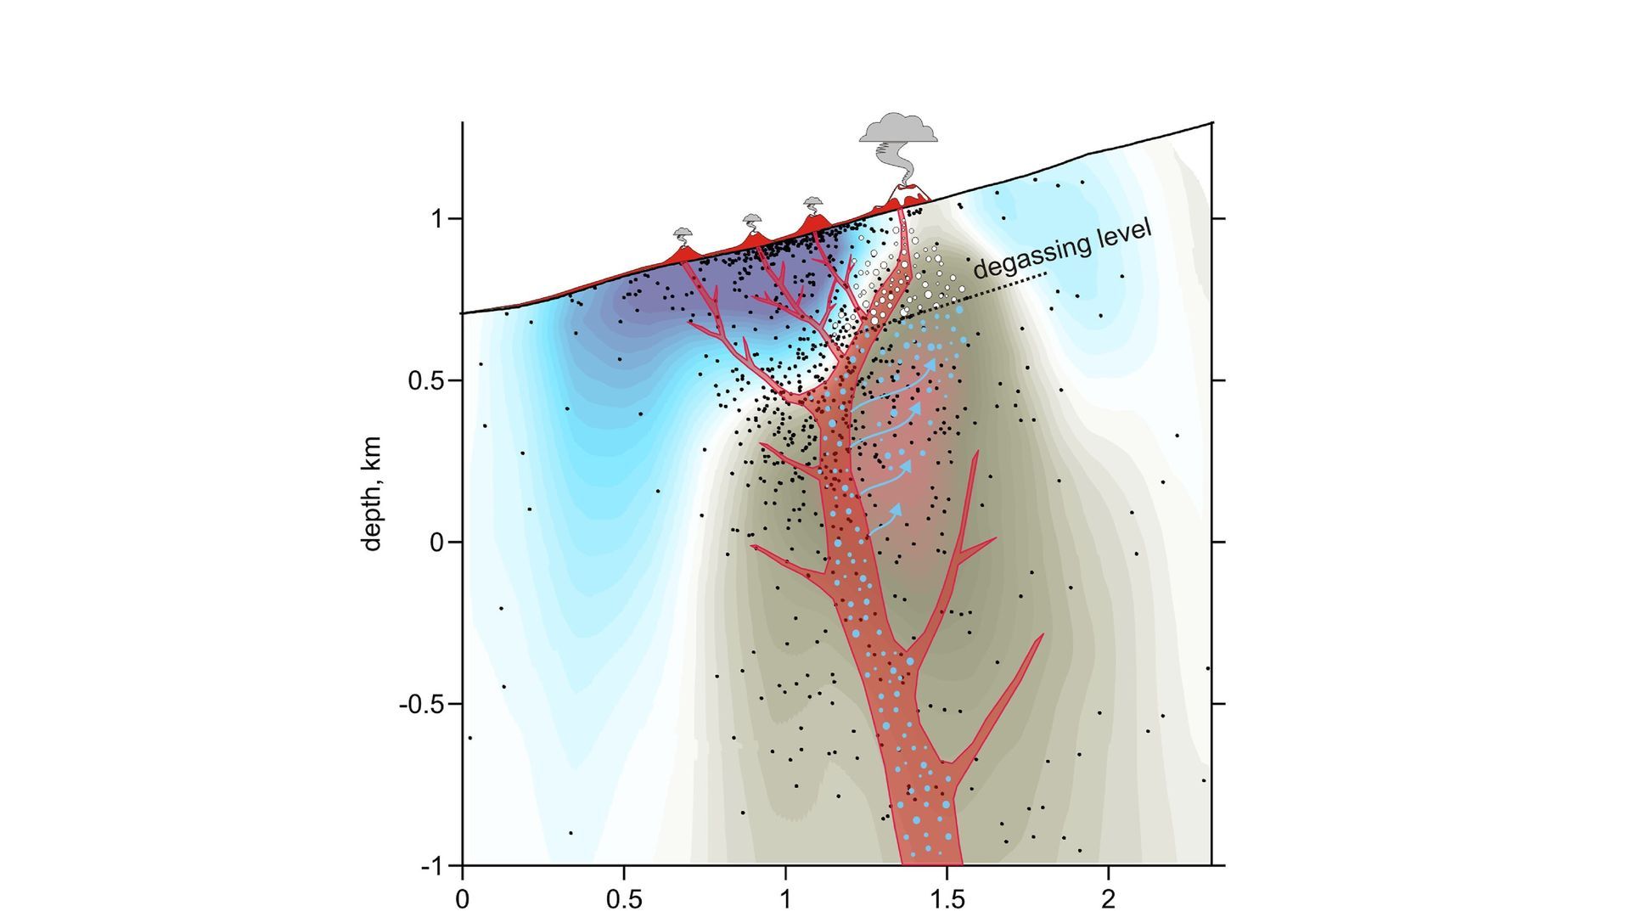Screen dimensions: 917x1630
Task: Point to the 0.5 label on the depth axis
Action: [x=426, y=380]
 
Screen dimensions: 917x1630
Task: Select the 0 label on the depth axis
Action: [x=437, y=542]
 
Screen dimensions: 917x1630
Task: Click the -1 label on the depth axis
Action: [x=433, y=866]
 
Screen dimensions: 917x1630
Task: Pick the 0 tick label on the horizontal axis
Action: [x=462, y=898]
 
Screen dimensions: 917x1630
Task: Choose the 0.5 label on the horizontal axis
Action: [x=624, y=898]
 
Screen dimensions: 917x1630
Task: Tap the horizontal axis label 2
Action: [x=1109, y=898]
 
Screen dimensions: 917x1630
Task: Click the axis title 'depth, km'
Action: [x=372, y=494]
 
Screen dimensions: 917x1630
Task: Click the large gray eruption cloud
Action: [x=898, y=129]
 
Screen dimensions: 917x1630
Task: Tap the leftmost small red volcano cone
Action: [x=683, y=254]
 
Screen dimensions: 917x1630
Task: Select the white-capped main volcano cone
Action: [x=906, y=194]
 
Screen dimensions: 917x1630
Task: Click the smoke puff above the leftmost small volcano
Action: [x=683, y=233]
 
